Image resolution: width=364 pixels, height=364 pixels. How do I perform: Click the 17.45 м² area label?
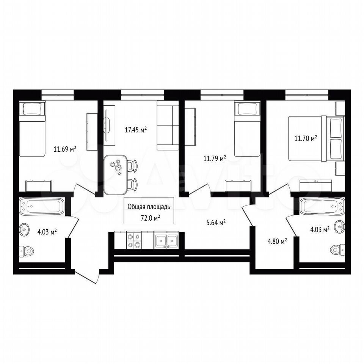coord(136,130)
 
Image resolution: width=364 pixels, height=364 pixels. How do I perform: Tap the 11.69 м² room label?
coord(65,149)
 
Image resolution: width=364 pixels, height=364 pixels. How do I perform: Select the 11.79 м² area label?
coord(215,159)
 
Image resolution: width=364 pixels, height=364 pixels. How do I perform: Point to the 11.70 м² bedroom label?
coord(306,139)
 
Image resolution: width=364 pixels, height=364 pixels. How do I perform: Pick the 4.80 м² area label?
coord(277,242)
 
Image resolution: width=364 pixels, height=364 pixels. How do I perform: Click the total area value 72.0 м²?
coord(150,218)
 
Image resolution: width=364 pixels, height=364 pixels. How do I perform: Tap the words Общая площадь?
coord(149,207)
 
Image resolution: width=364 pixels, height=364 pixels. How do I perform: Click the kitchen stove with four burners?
coord(134,241)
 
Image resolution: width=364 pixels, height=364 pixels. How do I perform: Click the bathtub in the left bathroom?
coord(42,206)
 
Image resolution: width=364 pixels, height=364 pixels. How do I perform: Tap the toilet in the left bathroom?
coord(27,251)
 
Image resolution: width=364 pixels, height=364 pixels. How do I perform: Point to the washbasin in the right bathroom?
coord(340,226)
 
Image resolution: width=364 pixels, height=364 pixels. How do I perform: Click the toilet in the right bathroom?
coord(337,250)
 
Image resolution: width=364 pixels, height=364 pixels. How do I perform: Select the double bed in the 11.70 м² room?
coord(317,139)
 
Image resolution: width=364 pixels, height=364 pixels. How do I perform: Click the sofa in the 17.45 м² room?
coord(168,126)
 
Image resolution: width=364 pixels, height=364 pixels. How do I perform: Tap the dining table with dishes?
coord(116,174)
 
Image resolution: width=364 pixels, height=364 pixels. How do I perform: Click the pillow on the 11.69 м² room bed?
coord(32,109)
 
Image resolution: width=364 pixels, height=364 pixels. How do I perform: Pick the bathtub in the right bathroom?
coord(322,206)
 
